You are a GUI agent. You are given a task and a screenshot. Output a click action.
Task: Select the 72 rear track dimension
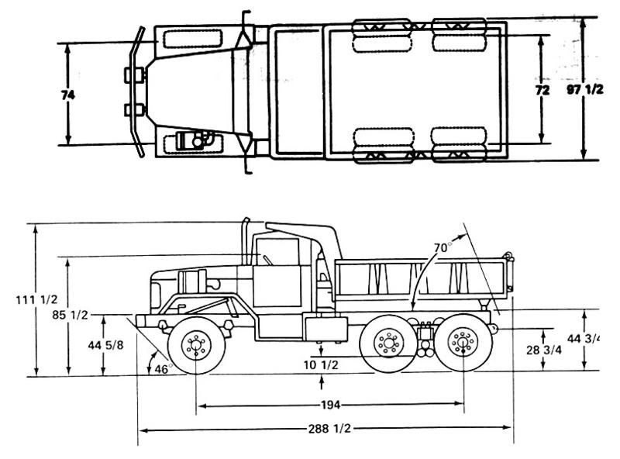point(542,91)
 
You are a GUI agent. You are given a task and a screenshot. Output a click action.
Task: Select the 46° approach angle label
point(161,369)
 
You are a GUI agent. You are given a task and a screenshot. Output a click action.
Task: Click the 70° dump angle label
point(442,247)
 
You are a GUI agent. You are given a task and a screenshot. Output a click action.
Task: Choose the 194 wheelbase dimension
point(330,405)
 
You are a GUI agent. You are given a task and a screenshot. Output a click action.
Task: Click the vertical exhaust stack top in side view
point(246,223)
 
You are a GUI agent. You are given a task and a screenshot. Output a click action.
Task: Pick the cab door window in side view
point(277,252)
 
